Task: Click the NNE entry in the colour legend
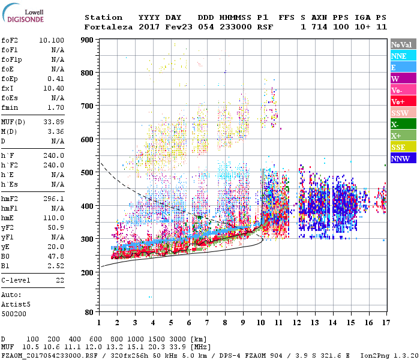pyautogui.click(x=403, y=56)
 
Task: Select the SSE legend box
pyautogui.click(x=403, y=147)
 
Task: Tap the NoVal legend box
pyautogui.click(x=403, y=44)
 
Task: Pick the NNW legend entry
pyautogui.click(x=403, y=158)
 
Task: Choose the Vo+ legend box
pyautogui.click(x=403, y=101)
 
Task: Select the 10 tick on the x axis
pyautogui.click(x=260, y=323)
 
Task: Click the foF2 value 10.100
pyautogui.click(x=51, y=40)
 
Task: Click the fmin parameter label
pyautogui.click(x=10, y=107)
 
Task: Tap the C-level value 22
pyautogui.click(x=59, y=280)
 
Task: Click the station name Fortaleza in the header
pyautogui.click(x=109, y=27)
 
